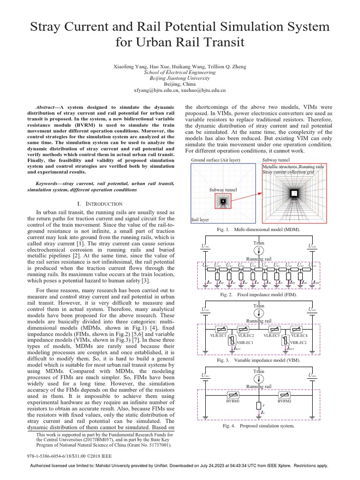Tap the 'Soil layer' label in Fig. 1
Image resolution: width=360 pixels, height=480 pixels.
[200, 219]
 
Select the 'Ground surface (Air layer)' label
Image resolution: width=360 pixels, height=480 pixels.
[216, 160]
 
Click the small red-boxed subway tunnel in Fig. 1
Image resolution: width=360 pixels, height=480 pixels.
[223, 201]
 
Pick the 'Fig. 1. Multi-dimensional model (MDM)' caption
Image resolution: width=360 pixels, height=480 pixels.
[258, 230]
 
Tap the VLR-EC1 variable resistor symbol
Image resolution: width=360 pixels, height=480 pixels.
[218, 330]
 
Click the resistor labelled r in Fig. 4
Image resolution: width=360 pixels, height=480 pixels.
[258, 405]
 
